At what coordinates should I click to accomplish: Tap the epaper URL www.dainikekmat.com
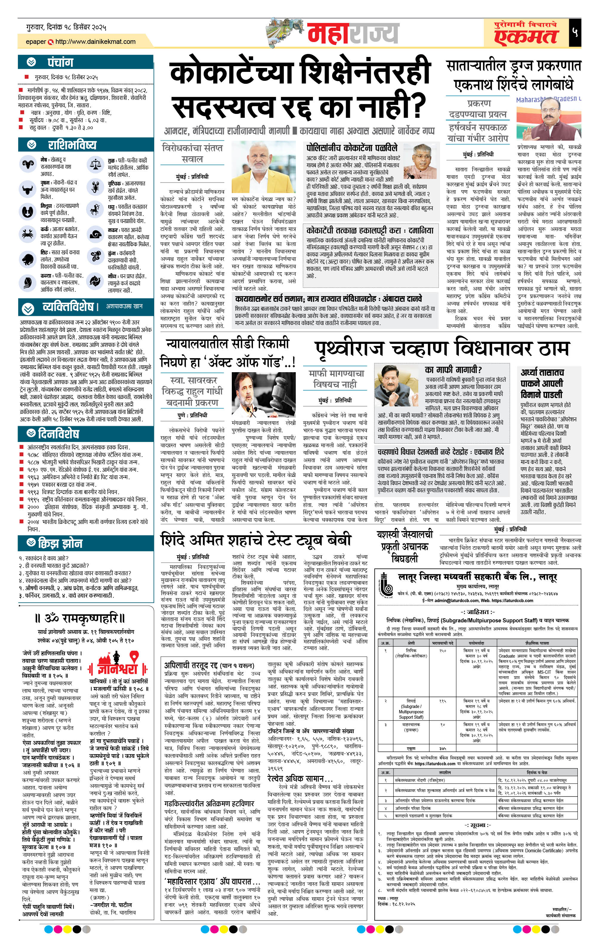95,41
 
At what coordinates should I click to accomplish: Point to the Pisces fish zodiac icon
95,281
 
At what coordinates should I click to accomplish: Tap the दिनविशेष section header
58,434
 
